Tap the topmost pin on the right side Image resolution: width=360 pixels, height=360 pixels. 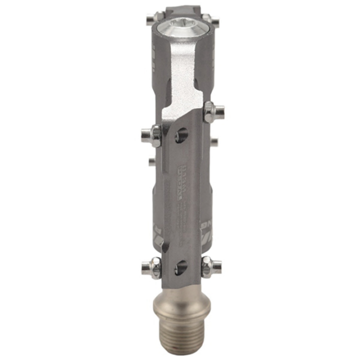(x=215, y=21)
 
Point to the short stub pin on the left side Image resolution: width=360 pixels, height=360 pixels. (x=151, y=161)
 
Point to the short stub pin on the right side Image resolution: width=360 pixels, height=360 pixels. (x=214, y=142)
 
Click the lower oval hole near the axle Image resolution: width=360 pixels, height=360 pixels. (x=181, y=268)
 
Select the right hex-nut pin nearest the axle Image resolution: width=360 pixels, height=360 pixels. (x=211, y=267)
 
